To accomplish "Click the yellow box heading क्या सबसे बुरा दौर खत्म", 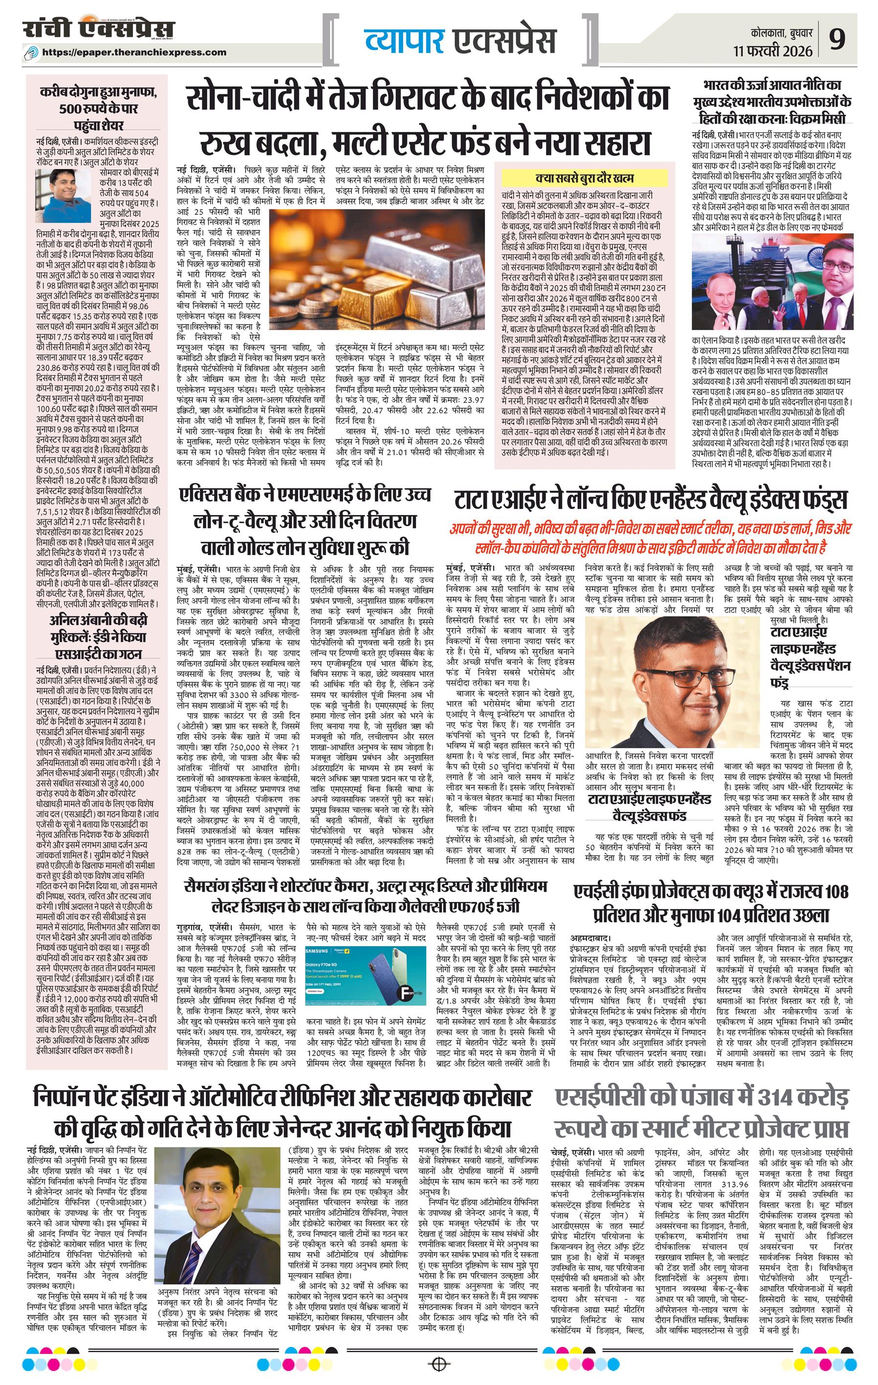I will (x=584, y=179).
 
